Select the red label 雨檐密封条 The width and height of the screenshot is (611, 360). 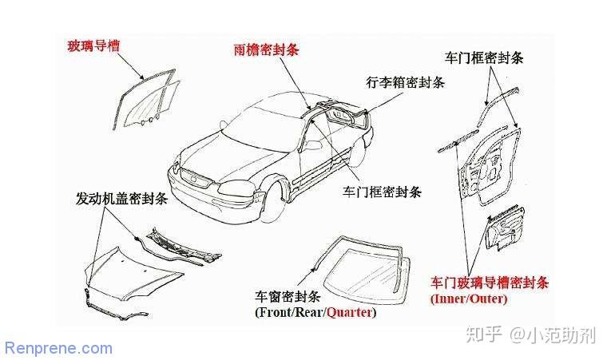(x=267, y=49)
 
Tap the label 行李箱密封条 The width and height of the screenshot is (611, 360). (x=406, y=82)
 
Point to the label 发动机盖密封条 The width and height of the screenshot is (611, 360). (x=121, y=199)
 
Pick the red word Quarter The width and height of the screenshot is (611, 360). (x=350, y=313)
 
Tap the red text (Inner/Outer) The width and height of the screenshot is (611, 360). (x=468, y=299)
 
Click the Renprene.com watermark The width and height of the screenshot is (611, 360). (x=59, y=348)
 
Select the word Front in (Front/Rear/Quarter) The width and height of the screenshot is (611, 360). (x=275, y=313)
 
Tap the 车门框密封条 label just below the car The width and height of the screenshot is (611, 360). (x=382, y=192)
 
